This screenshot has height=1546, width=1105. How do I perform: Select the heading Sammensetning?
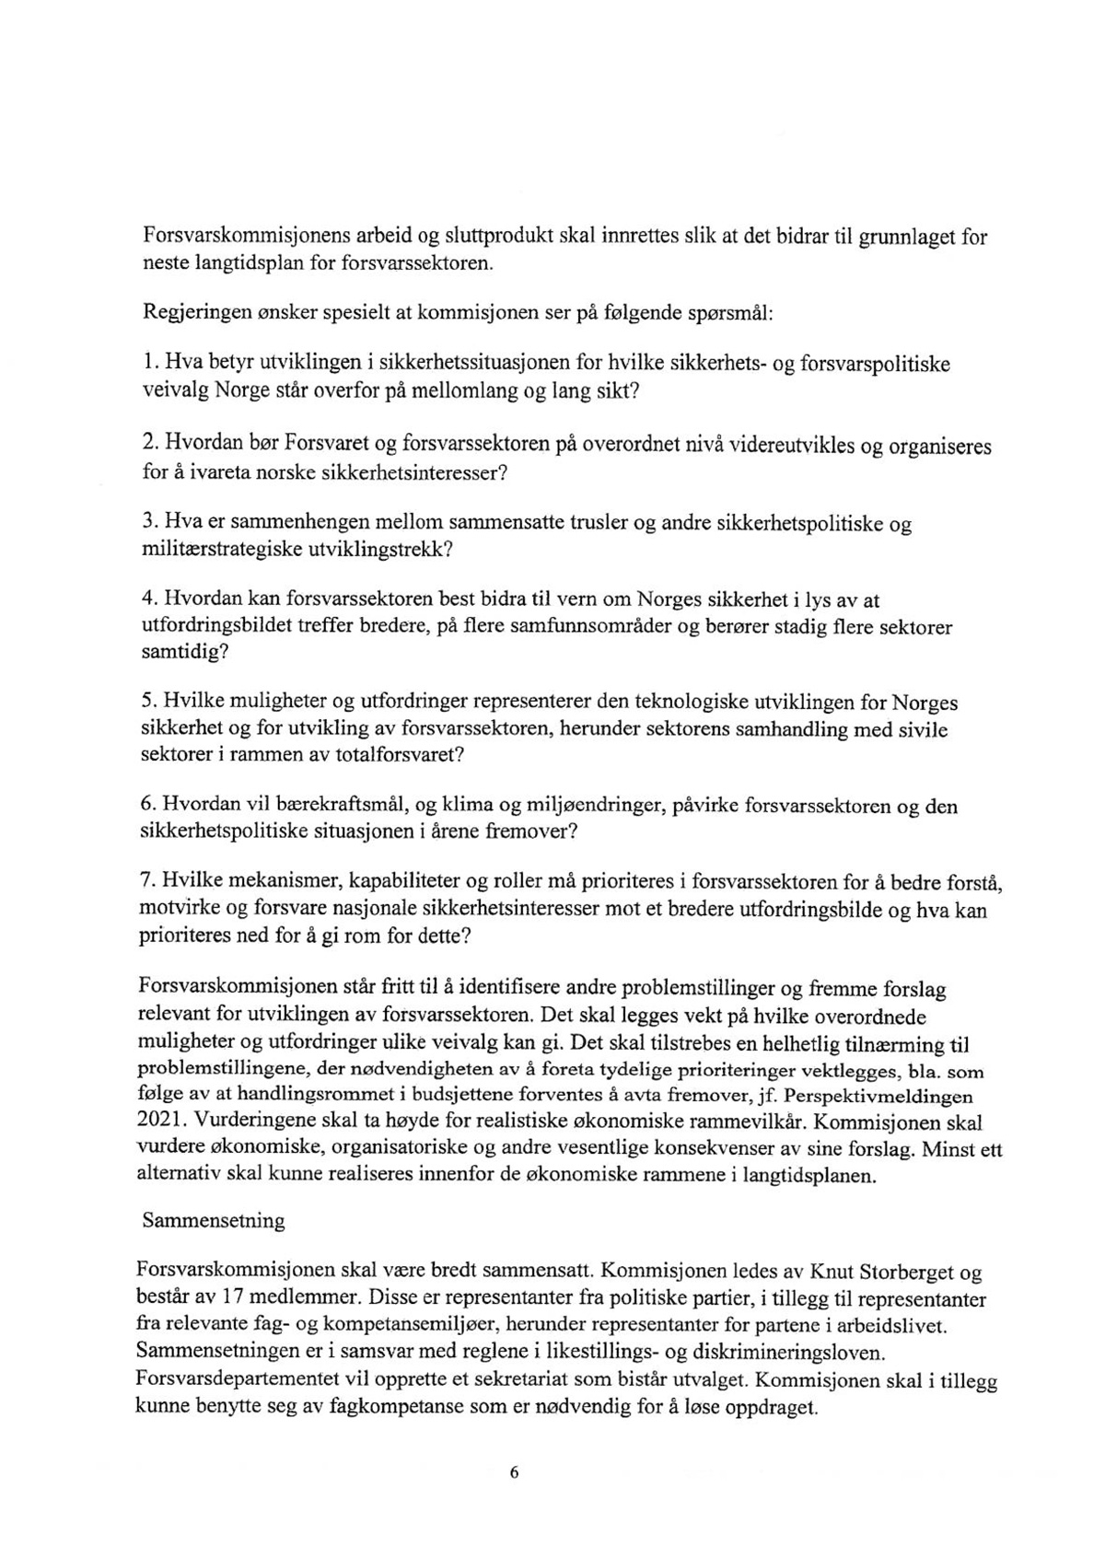[x=213, y=1221]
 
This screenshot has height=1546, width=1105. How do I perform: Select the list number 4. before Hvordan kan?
[x=151, y=599]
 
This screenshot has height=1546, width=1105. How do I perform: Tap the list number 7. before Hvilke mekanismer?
[x=150, y=881]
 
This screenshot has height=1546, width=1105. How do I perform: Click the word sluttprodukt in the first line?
[x=497, y=236]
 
